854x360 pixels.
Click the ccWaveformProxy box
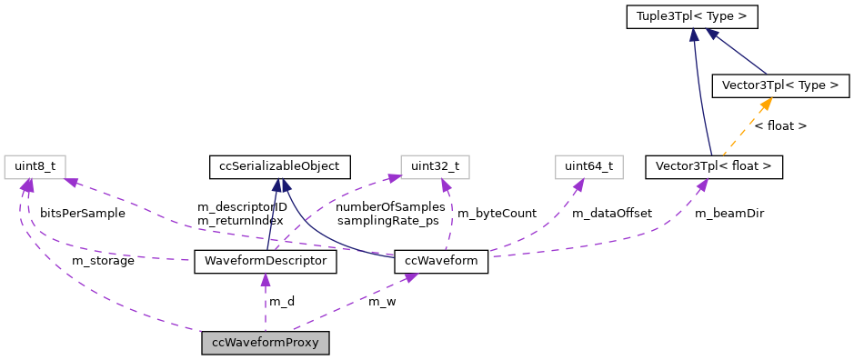click(266, 343)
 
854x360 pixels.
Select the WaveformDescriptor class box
click(266, 262)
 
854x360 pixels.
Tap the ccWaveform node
click(442, 262)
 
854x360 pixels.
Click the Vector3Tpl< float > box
click(713, 166)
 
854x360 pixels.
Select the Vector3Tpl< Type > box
click(780, 86)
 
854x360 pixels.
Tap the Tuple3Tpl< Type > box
click(692, 16)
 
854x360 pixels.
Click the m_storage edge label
click(103, 261)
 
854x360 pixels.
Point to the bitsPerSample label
click(82, 214)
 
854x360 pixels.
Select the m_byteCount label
click(497, 214)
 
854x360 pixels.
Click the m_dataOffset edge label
click(611, 214)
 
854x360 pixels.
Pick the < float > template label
click(780, 126)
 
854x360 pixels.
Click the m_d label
click(281, 301)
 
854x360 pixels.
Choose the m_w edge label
click(382, 301)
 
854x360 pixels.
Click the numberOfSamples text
click(391, 206)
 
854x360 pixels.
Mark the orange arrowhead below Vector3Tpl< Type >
click(767, 104)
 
